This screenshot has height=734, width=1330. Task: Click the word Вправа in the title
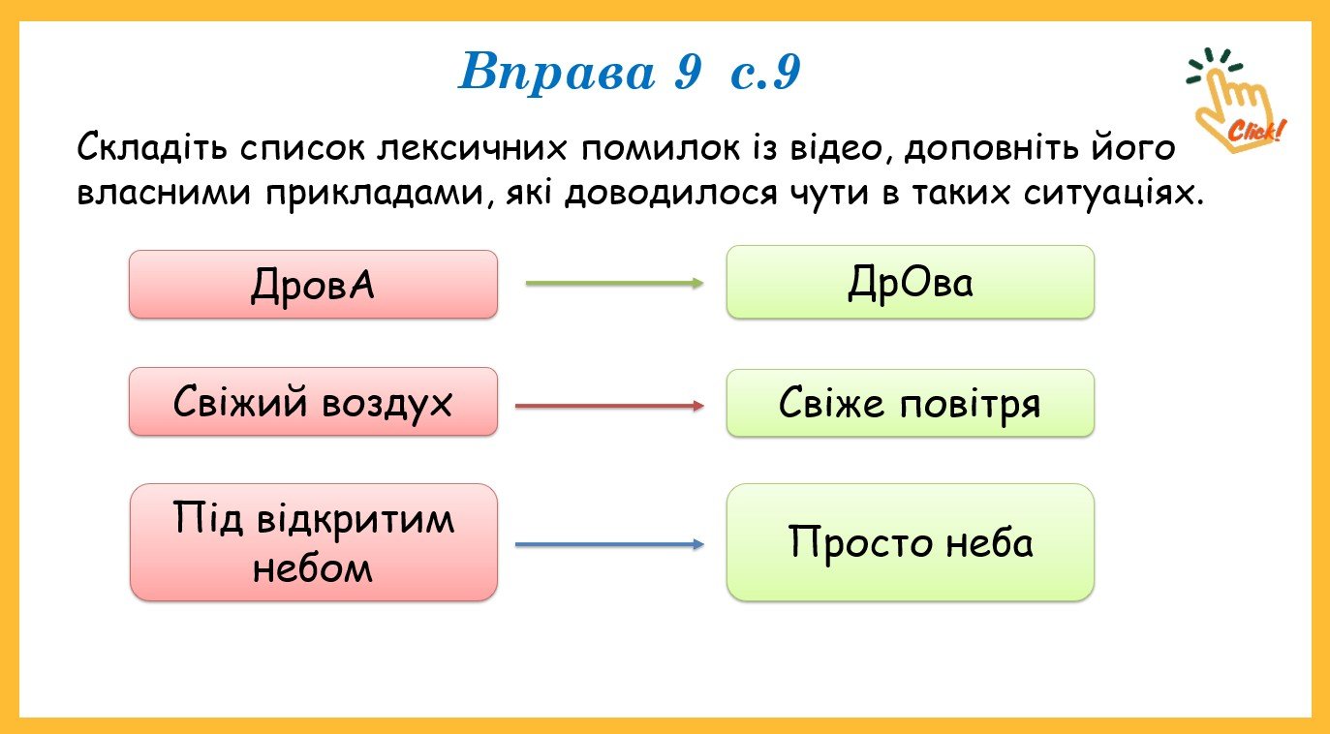click(556, 73)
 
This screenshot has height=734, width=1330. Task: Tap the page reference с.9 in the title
click(765, 72)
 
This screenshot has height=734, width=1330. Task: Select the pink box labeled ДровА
click(314, 285)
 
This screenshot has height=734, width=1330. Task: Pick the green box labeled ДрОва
click(911, 282)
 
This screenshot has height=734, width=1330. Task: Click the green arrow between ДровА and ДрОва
click(614, 283)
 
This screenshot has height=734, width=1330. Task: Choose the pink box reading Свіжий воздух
click(314, 402)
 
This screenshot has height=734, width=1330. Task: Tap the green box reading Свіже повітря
click(911, 404)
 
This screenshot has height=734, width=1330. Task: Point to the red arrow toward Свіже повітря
click(609, 406)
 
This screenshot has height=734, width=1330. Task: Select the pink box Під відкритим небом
click(314, 542)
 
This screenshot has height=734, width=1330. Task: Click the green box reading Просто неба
click(911, 542)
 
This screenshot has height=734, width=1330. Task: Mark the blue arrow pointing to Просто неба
click(609, 544)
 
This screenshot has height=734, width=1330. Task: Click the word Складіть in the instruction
click(152, 146)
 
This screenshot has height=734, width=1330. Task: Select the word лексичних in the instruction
click(472, 148)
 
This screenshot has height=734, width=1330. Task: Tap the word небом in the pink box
click(312, 567)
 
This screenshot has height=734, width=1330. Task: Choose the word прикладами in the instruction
click(379, 195)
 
